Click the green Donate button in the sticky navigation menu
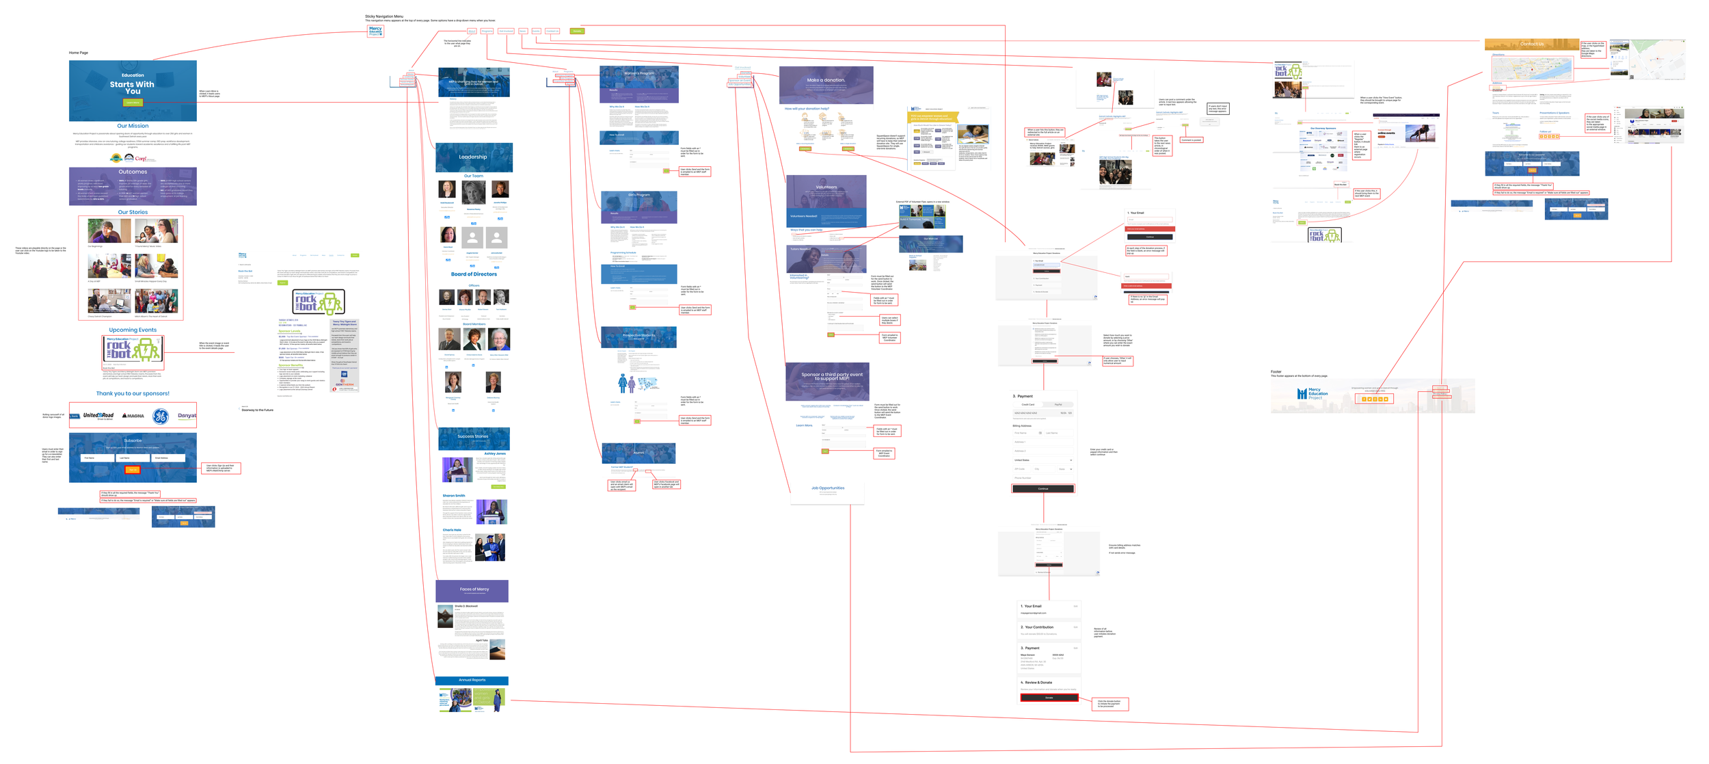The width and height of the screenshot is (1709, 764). [x=577, y=31]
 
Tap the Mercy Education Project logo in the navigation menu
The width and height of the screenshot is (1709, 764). [x=375, y=31]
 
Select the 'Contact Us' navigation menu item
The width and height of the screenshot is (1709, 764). [x=552, y=31]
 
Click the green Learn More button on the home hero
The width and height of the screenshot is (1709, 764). [x=133, y=103]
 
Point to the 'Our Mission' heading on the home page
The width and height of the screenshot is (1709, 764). [x=133, y=126]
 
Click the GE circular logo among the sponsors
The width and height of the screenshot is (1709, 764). [x=160, y=416]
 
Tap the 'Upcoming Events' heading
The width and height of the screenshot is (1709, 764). [x=133, y=330]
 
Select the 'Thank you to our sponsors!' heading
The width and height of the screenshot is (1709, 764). [x=133, y=393]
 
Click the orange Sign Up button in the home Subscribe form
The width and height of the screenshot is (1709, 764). [x=133, y=469]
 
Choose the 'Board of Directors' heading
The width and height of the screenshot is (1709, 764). [x=474, y=274]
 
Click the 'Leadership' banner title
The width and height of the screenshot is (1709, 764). [x=473, y=157]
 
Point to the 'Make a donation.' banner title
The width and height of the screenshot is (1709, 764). [x=826, y=80]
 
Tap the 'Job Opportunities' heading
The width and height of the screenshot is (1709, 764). [x=827, y=488]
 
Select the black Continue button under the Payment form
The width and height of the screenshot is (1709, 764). [x=1042, y=488]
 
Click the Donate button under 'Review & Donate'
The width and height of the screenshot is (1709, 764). [x=1049, y=698]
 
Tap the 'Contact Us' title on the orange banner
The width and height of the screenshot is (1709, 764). [x=1531, y=44]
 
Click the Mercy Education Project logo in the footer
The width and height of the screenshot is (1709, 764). [x=1312, y=393]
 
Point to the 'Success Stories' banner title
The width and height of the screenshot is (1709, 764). [x=473, y=436]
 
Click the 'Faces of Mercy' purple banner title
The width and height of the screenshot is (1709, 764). [x=474, y=589]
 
